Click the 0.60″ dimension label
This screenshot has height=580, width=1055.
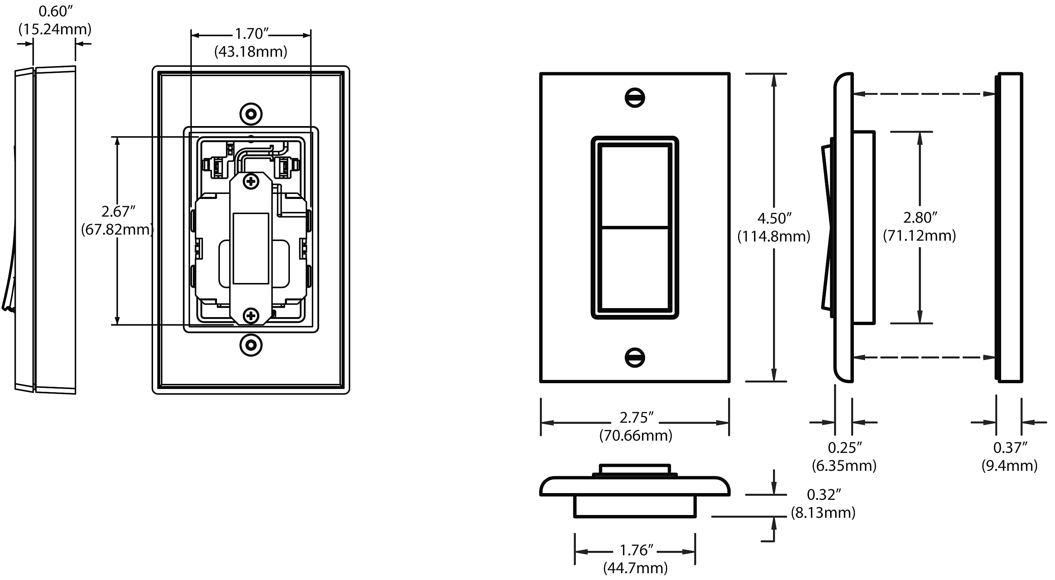coord(55,11)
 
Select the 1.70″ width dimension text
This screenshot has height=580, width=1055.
coord(251,34)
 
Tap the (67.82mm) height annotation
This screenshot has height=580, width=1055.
coord(117,230)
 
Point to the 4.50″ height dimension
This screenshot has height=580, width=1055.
coord(774,218)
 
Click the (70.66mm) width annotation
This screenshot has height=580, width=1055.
coord(635,435)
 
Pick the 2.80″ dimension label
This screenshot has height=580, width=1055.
coord(920,218)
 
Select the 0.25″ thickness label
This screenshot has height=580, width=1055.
coord(845,448)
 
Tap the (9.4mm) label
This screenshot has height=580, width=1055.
coord(1009,466)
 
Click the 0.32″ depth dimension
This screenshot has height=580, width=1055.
coord(824,495)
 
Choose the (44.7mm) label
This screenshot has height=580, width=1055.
coord(635,568)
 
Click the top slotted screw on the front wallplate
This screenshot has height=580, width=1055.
coord(635,98)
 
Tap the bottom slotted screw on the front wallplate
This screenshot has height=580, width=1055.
coord(635,358)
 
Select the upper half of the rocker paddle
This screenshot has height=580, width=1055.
coord(635,186)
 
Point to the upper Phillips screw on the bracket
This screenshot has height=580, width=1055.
coord(251,181)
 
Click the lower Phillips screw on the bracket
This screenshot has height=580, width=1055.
coord(251,316)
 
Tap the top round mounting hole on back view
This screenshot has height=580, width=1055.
coord(251,114)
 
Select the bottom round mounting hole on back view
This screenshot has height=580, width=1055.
coord(251,345)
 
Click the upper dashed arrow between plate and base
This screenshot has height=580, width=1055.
coord(924,94)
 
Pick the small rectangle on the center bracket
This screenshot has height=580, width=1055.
coord(251,248)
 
